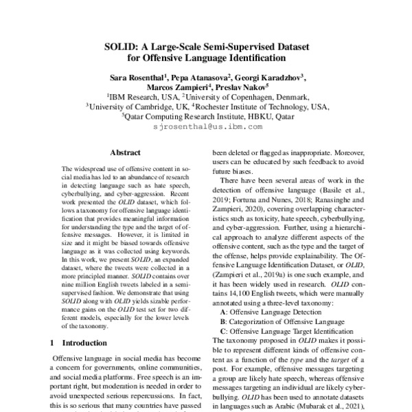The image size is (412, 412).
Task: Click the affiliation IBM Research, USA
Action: coord(140,98)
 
